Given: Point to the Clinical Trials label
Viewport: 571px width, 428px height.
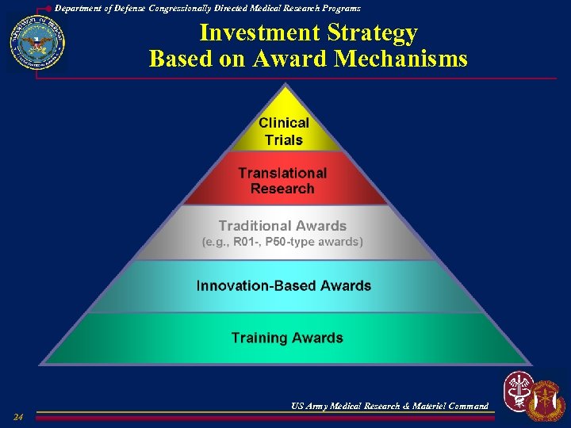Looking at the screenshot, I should [284, 132].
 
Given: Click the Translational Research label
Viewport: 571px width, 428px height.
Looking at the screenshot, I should [282, 181].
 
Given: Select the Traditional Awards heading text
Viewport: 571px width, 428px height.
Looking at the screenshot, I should [282, 226].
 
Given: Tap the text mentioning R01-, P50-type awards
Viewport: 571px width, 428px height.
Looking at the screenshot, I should [282, 242].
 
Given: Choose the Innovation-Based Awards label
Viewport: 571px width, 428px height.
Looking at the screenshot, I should [283, 285].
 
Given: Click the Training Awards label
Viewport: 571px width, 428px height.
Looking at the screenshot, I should [287, 338].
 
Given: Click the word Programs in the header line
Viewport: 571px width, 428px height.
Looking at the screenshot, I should [339, 7].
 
